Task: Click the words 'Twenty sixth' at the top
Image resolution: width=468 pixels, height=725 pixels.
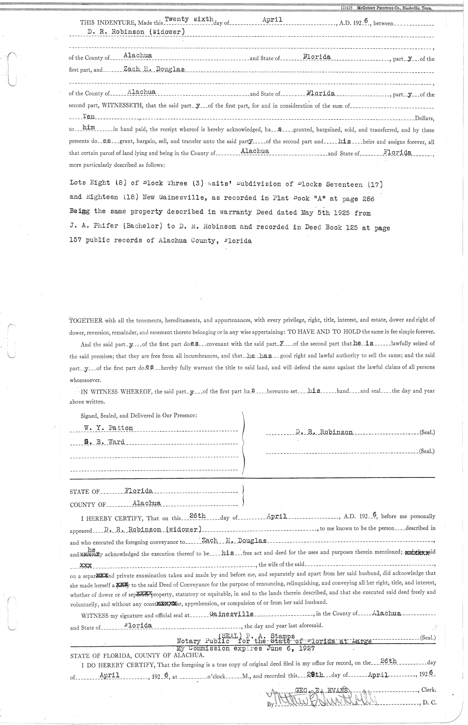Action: coord(189,19)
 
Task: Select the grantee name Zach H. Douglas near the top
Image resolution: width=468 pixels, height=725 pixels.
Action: coord(154,69)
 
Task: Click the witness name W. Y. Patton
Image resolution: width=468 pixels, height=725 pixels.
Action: coord(108,428)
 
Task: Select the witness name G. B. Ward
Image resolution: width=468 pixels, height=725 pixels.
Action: coord(105,442)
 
